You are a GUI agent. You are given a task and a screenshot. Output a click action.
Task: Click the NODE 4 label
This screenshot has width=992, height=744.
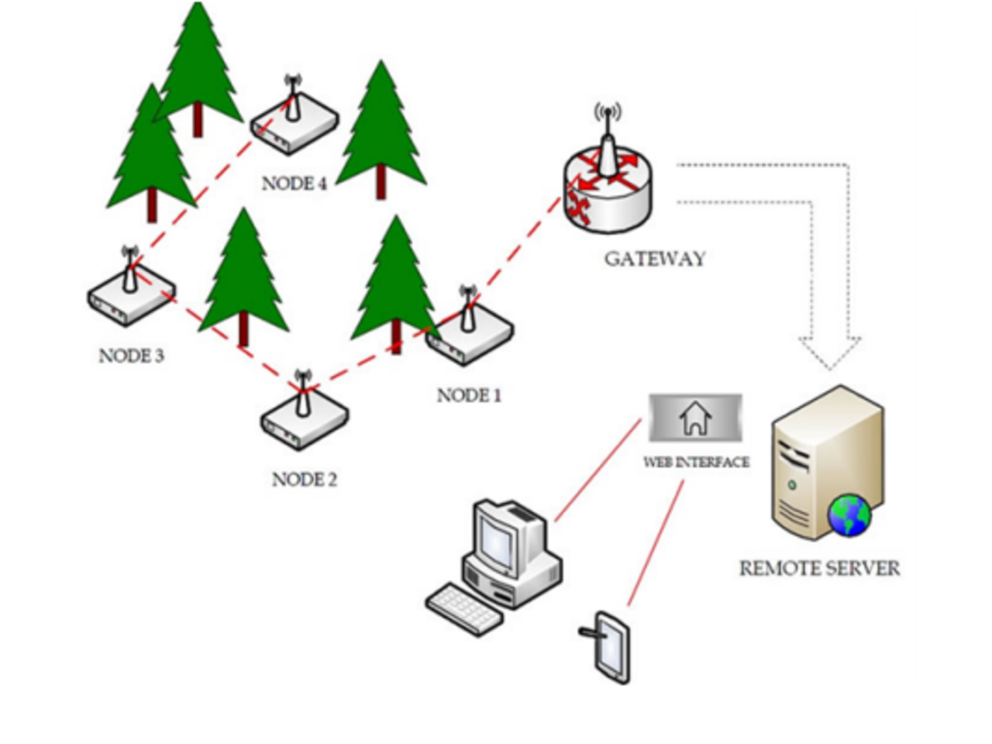pos(294,184)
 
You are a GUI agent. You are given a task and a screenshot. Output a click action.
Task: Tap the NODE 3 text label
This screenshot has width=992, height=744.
pos(131,356)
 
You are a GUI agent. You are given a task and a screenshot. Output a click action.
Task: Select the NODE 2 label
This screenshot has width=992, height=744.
pos(304,480)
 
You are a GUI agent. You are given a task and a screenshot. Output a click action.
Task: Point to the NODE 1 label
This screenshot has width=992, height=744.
pos(469,396)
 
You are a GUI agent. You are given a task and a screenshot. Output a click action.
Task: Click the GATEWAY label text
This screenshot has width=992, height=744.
pos(655,259)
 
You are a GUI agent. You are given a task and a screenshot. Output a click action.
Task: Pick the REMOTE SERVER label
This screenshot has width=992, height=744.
pos(819,569)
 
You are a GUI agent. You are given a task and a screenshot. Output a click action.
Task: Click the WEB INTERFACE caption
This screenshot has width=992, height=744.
pos(696,463)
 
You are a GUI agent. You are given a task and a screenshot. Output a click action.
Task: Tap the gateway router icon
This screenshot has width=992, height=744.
pos(608,186)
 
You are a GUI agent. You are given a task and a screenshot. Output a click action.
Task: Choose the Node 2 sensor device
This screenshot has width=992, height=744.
pos(303,418)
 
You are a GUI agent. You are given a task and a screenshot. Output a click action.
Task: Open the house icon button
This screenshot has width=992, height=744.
pos(695,418)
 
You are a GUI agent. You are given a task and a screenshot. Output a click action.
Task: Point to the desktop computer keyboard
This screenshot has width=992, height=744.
pos(463,608)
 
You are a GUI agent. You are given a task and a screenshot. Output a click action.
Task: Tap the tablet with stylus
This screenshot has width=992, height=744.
pos(611,647)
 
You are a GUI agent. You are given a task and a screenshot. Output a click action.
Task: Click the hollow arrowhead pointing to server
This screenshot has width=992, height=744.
pos(829,353)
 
